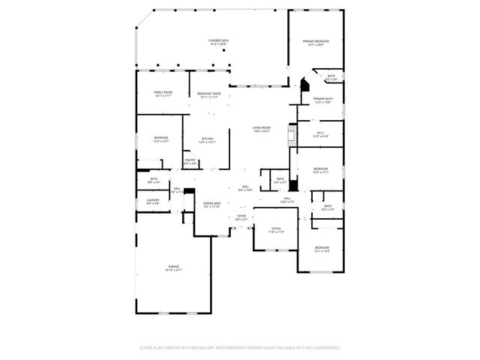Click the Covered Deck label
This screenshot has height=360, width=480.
218,40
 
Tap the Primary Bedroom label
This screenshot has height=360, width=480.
316,40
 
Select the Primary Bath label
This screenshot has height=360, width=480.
323,99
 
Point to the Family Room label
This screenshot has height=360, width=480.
163,92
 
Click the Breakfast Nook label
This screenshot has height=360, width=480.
208,93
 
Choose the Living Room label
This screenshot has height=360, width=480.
261,127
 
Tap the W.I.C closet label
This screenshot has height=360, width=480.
319,132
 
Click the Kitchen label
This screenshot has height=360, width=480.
207,138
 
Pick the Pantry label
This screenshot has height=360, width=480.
190,159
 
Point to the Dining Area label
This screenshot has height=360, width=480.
211,202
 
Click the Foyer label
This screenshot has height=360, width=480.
241,216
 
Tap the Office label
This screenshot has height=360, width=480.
276,228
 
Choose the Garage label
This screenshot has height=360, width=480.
173,266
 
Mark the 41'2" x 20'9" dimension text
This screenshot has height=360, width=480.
218,44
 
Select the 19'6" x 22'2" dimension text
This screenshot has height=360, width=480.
261,131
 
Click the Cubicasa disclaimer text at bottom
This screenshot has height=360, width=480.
240,347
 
